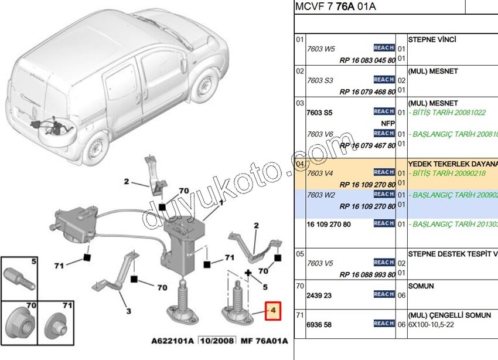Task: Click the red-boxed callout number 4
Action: (x=273, y=310)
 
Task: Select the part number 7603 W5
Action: (x=320, y=49)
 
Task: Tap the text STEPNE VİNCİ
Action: (x=432, y=40)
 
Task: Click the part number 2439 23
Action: (x=319, y=294)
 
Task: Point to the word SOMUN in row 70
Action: (x=421, y=286)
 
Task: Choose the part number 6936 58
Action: (x=319, y=324)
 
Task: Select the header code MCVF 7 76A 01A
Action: (x=335, y=6)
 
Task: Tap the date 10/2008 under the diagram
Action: (x=216, y=341)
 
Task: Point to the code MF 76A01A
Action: (x=265, y=341)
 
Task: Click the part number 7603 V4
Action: (x=320, y=173)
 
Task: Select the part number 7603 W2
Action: (x=320, y=195)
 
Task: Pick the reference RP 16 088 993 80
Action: (x=367, y=273)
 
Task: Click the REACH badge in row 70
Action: (x=384, y=294)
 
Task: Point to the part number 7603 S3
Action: (x=320, y=80)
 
